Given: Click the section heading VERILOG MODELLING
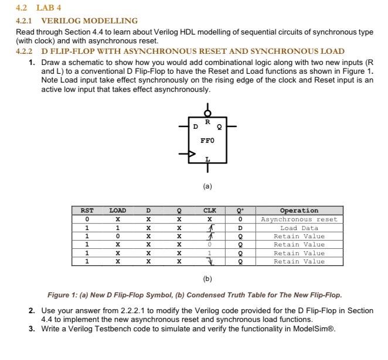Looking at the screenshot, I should pos(89,20).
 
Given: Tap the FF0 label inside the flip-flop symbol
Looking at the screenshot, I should pos(207,140).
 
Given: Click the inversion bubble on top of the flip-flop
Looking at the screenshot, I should pos(207,113).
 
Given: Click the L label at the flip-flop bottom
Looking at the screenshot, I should pos(207,159).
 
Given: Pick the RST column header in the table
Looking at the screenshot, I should pos(87,211).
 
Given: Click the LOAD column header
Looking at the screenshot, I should pos(118,211).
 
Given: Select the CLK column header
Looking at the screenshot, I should pos(209,211).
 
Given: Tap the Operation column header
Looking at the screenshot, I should pos(299,211).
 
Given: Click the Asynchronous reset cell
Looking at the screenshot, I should pos(299,220).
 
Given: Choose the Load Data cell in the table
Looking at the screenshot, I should pos(299,228).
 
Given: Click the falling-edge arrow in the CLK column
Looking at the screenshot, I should pos(209,262).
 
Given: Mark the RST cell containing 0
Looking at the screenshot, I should pos(87,220).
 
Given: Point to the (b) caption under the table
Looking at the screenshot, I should pos(207,279).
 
